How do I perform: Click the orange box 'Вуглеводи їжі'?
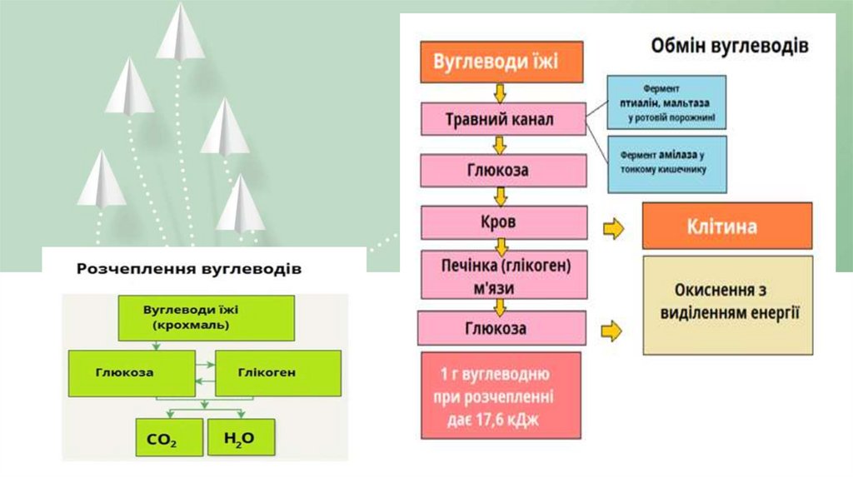[500, 62]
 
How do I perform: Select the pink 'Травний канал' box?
[500, 120]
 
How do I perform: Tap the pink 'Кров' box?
[500, 223]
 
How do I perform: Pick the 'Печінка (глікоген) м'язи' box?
[500, 275]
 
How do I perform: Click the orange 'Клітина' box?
[726, 226]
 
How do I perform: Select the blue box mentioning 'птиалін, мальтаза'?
[666, 102]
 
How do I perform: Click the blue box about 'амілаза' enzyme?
[666, 162]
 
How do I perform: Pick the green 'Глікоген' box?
[278, 372]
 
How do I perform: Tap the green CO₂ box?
[169, 436]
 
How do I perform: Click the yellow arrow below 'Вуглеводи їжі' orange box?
[500, 92]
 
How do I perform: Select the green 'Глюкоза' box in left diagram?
[123, 372]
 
